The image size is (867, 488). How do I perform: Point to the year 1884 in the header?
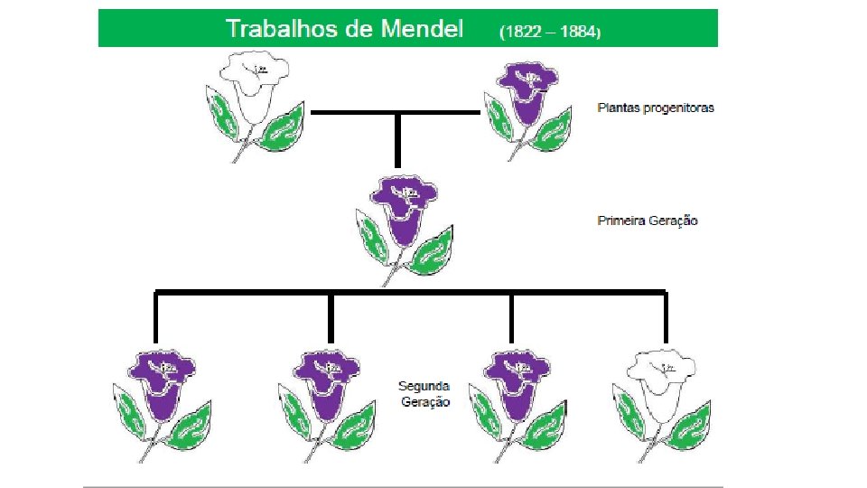tap(576, 31)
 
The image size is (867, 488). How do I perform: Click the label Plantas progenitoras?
tap(656, 108)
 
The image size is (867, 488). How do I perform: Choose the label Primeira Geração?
tap(648, 221)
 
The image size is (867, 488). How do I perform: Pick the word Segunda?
tap(424, 386)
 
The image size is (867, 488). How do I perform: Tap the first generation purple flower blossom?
tap(403, 205)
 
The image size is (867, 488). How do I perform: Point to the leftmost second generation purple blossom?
tap(161, 380)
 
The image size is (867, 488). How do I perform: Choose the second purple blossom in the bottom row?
tap(331, 380)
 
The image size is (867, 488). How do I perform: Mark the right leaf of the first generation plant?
tap(430, 250)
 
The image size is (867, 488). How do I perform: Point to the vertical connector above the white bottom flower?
tap(666, 318)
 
